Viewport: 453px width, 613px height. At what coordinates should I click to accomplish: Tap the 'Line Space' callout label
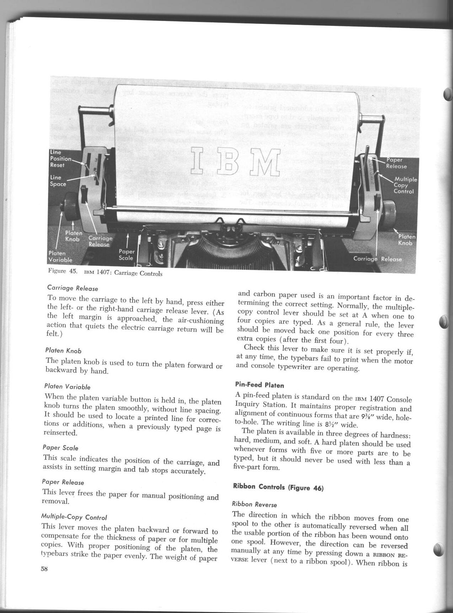58,181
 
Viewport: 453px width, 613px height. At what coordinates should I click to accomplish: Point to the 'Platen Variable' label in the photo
60,256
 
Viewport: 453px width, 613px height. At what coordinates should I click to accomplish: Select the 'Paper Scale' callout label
126,254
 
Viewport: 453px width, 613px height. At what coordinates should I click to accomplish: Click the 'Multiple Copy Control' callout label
405,185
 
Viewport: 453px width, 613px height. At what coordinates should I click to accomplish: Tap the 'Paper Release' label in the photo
396,163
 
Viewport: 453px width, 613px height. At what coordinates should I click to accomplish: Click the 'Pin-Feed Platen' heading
259,385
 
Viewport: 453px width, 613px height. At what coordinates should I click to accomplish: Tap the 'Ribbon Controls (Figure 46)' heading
278,487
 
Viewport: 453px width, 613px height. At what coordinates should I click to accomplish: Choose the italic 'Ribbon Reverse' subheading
254,504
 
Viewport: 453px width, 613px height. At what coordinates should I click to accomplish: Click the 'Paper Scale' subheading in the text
60,447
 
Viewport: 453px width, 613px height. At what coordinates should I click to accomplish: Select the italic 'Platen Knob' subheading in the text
64,350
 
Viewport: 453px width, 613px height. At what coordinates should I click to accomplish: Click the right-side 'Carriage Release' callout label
377,259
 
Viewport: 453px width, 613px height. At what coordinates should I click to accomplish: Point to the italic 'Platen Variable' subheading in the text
68,386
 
